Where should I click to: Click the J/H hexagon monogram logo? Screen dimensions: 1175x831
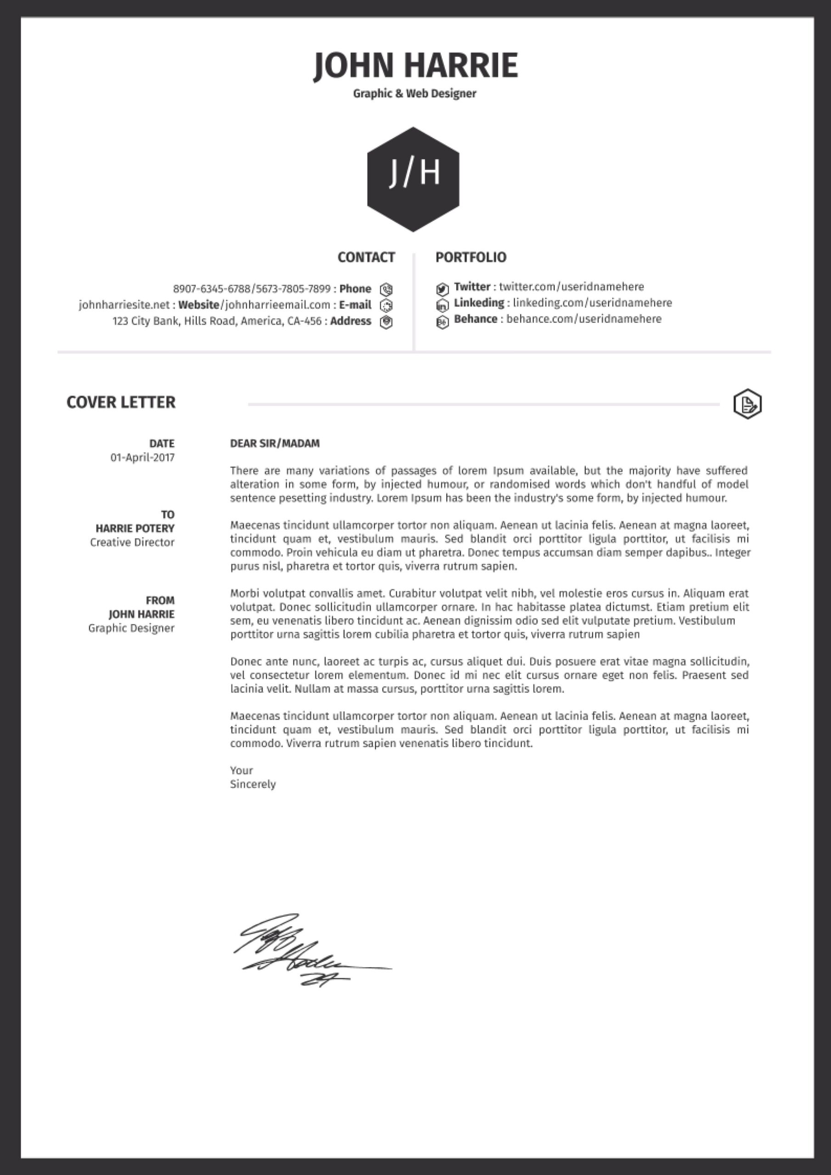click(x=413, y=179)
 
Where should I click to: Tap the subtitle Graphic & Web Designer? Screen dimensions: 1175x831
click(x=414, y=94)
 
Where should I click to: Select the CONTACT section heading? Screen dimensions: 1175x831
click(x=366, y=257)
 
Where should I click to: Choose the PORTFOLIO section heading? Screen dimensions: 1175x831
click(x=471, y=257)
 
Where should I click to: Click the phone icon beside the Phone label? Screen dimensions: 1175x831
click(x=386, y=290)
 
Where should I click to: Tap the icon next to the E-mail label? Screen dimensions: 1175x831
click(x=386, y=306)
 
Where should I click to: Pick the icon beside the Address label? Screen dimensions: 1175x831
click(x=386, y=322)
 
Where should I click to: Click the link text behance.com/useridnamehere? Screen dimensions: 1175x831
click(x=584, y=319)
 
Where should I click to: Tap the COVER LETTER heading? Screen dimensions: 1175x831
click(x=121, y=402)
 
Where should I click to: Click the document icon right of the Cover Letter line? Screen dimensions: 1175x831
click(x=747, y=404)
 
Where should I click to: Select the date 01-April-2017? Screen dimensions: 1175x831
click(x=142, y=457)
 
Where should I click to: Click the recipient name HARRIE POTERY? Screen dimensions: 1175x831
click(x=135, y=528)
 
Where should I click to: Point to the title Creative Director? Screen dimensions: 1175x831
click(x=132, y=542)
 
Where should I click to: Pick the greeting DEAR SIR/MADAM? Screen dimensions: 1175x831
click(x=275, y=443)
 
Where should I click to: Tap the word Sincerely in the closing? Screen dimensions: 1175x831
click(x=253, y=784)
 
